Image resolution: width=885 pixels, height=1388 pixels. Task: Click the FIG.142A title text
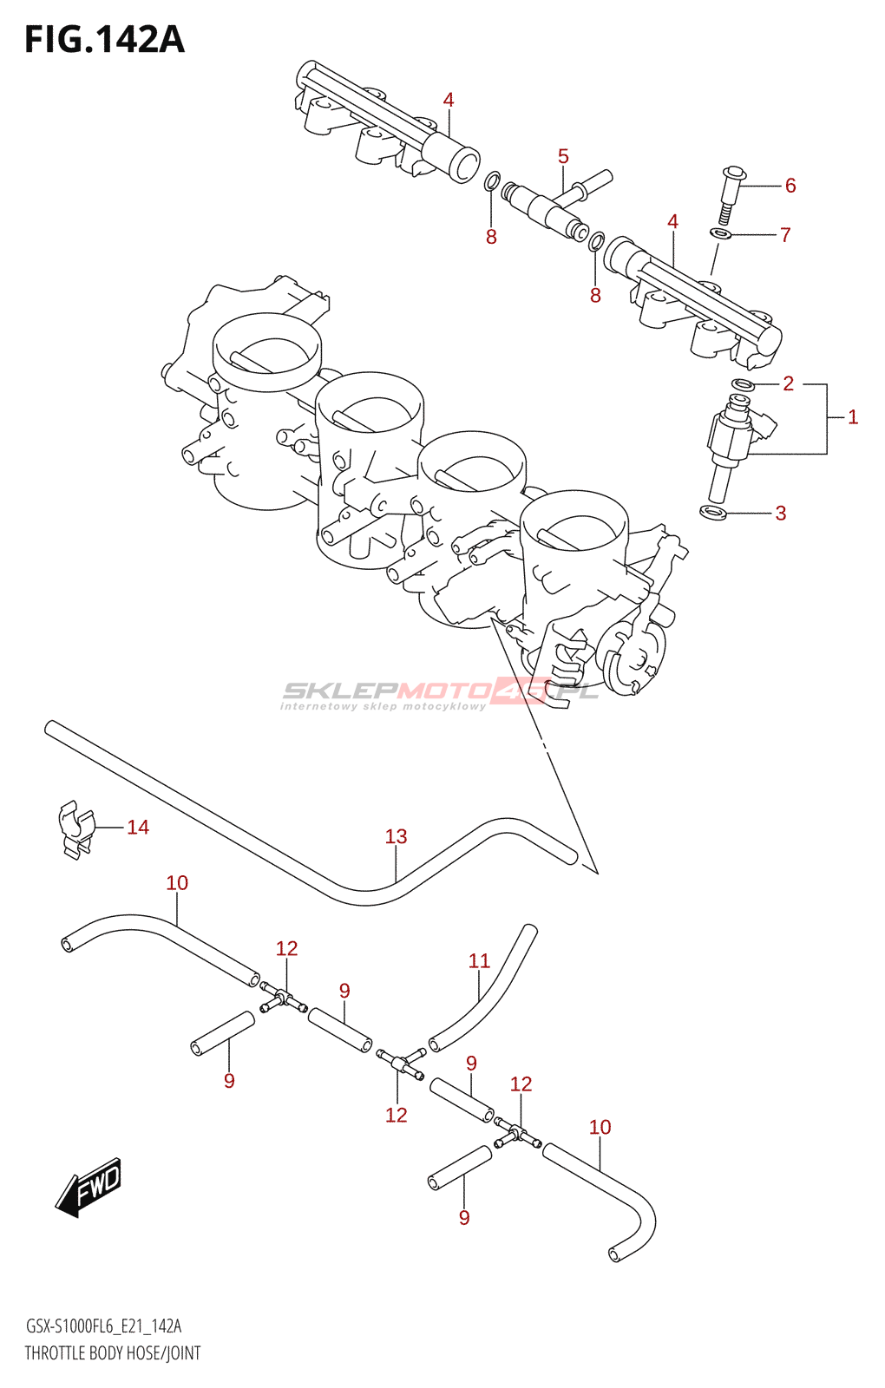(104, 40)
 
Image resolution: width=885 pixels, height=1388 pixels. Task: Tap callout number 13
(396, 836)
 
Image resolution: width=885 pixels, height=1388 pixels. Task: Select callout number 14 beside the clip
(138, 828)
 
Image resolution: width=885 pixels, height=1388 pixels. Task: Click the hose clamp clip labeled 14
(75, 829)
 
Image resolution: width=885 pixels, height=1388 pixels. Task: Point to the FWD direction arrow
(89, 1186)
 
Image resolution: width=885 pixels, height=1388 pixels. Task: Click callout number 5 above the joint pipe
(563, 157)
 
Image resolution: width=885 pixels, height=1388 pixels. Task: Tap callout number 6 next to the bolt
(790, 186)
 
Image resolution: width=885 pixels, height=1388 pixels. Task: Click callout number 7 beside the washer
(785, 235)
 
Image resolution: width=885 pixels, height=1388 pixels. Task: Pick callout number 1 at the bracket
(853, 417)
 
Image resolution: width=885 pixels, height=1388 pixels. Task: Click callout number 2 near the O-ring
(788, 383)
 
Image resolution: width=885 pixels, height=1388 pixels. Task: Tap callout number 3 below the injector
(781, 514)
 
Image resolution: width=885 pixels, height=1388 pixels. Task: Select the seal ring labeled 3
(713, 513)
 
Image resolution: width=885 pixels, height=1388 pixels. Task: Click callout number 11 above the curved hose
(479, 961)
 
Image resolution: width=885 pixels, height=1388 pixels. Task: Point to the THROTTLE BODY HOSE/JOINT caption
(113, 1353)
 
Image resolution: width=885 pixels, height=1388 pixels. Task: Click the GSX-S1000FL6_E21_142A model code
(103, 1326)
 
